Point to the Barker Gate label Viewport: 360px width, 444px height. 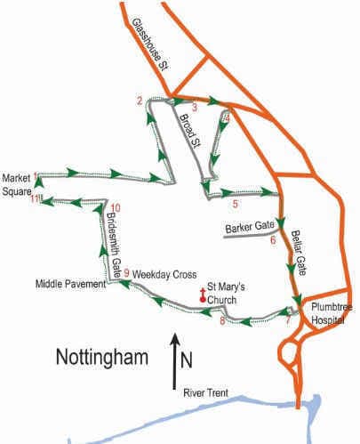tap(249, 229)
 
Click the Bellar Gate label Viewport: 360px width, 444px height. tap(304, 251)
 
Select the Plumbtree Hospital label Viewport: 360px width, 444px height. tap(332, 312)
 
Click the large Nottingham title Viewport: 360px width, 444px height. tap(100, 358)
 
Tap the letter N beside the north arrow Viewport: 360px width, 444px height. tap(185, 361)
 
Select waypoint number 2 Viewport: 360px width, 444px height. tap(140, 100)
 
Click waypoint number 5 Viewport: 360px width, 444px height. tap(235, 205)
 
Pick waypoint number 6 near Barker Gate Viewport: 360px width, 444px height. tap(273, 239)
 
